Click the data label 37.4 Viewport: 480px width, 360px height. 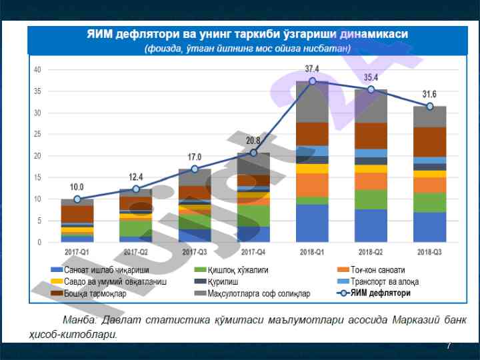pos(312,69)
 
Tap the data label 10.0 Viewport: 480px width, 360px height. pos(77,187)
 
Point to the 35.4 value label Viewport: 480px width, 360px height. pos(371,77)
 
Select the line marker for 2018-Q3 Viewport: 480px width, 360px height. pos(430,106)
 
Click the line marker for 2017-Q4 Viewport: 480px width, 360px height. pos(253,153)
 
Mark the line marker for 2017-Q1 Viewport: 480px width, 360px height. pos(77,199)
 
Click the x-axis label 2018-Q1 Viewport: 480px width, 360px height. pos(312,252)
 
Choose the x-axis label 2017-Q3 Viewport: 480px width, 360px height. pos(195,252)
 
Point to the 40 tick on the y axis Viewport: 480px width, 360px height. pos(37,70)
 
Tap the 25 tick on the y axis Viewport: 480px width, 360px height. pos(37,135)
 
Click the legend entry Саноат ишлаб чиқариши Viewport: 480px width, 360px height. pos(100,270)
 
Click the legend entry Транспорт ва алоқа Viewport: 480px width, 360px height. pos(383,281)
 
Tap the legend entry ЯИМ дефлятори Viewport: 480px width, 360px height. pos(380,293)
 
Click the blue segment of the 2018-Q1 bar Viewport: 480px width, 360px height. pos(312,223)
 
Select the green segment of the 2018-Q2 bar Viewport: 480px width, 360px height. pos(371,199)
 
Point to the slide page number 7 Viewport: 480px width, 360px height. pos(449,345)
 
